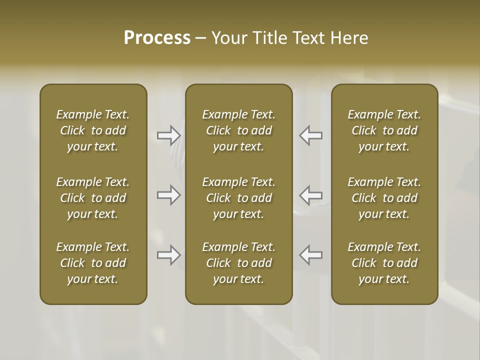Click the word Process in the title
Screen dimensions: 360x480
click(x=157, y=37)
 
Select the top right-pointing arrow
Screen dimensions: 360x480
click(x=168, y=135)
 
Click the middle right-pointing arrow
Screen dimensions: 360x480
click(x=168, y=195)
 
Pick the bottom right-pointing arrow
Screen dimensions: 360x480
click(x=168, y=255)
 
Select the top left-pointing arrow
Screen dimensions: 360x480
click(x=310, y=135)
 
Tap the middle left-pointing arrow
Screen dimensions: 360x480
click(x=310, y=195)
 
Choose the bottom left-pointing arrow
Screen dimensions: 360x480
click(x=310, y=255)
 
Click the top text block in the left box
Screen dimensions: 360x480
click(x=93, y=130)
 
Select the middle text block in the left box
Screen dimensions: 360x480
click(x=93, y=198)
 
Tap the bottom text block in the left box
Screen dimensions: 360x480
click(x=93, y=263)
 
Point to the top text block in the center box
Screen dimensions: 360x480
click(x=238, y=130)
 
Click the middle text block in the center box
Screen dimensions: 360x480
click(x=238, y=198)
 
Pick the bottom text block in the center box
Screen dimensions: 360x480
click(x=238, y=263)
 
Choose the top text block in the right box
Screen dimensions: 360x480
click(x=384, y=130)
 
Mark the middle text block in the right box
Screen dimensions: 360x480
click(x=384, y=198)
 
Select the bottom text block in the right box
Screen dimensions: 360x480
click(x=384, y=263)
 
